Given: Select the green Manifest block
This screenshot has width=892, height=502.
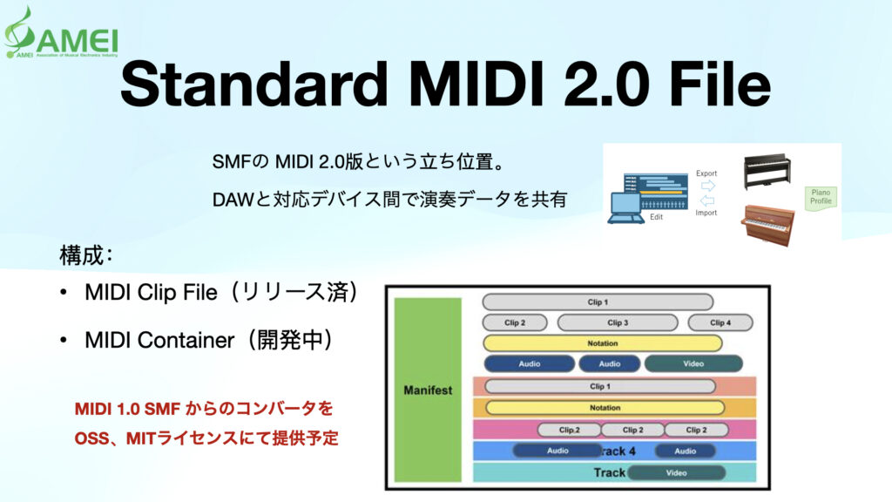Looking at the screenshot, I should [x=428, y=390].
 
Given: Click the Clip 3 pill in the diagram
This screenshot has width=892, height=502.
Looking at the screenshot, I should [x=618, y=322].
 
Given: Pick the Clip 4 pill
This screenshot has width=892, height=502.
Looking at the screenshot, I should [x=720, y=322].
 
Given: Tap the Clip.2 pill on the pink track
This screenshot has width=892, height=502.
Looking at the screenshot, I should [x=569, y=430].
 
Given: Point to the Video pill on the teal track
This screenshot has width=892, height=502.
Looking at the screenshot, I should [x=676, y=472].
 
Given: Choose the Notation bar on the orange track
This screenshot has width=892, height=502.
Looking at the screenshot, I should [x=604, y=407].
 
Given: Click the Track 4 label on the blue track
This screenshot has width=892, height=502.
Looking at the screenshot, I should [x=618, y=451].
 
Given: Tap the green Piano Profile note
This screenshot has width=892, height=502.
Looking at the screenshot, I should [x=821, y=196].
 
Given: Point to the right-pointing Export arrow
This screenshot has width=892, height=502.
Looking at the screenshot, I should [x=706, y=185].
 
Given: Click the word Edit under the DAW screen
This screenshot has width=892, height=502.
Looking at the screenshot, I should [x=656, y=217].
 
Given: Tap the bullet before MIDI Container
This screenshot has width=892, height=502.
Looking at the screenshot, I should [x=64, y=341].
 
